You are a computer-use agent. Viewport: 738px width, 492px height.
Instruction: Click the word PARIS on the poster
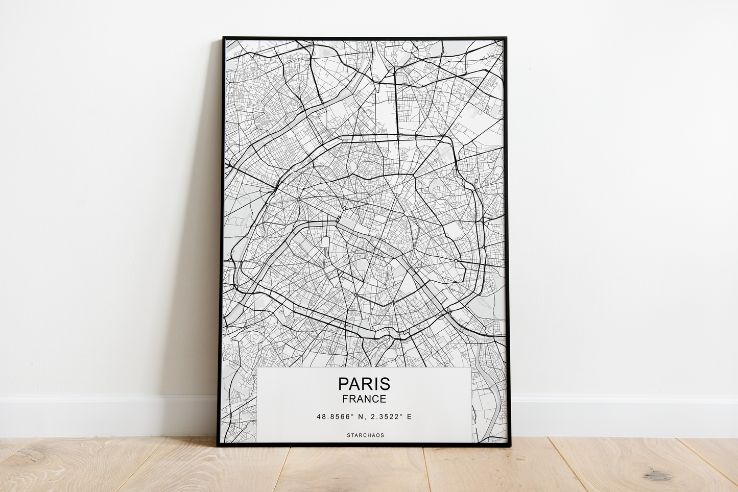click(x=364, y=384)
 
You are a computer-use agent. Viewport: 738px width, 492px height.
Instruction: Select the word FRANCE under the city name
click(x=364, y=399)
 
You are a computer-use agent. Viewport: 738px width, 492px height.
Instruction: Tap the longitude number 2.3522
click(x=383, y=417)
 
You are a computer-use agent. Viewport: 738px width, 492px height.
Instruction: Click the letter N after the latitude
click(x=361, y=417)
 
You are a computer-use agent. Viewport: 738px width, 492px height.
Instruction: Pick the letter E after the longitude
click(x=409, y=417)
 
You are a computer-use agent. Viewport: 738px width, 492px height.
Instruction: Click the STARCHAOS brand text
click(x=365, y=435)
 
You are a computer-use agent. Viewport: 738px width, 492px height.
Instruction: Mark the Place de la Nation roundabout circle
click(x=456, y=261)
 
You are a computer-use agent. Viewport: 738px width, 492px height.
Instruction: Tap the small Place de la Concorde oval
click(x=338, y=219)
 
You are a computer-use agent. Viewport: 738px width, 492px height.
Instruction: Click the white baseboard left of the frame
click(x=102, y=416)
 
